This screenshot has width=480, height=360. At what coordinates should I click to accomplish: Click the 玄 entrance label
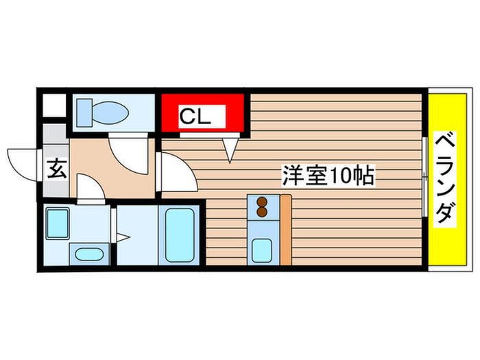(56, 169)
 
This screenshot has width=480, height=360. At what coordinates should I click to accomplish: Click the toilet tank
(84, 111)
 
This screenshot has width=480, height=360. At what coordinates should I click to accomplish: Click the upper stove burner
(261, 202)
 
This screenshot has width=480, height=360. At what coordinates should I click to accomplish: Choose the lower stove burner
(261, 213)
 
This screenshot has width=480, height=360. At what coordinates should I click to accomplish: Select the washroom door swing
(89, 188)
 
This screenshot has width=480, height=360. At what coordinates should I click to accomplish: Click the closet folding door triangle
(230, 148)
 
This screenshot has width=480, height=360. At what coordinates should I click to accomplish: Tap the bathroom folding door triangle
(122, 238)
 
